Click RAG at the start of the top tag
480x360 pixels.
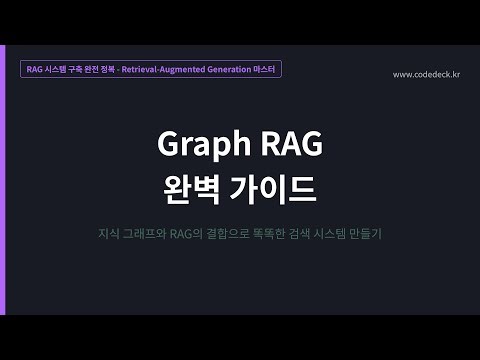coord(36,70)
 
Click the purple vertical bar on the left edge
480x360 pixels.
coord(3,180)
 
